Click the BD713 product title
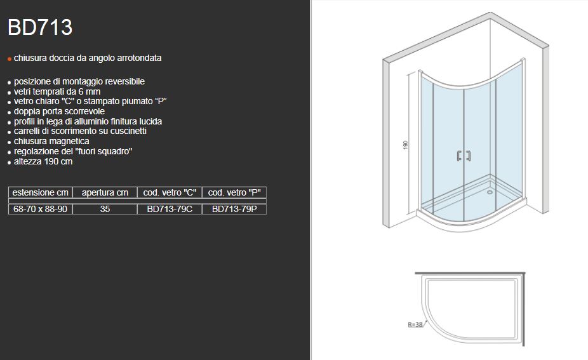[39, 27]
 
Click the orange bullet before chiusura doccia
[10, 58]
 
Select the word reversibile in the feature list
[123, 82]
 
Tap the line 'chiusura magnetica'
[51, 141]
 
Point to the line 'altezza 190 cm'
[43, 161]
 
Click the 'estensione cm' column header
[40, 192]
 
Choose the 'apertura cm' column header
[105, 192]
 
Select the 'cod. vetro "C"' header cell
[170, 192]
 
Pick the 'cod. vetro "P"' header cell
[234, 192]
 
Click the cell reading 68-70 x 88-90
[40, 209]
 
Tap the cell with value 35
[105, 209]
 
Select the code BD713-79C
[170, 209]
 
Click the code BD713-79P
[234, 209]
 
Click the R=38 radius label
[415, 324]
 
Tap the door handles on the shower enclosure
[463, 157]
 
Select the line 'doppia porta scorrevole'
[59, 112]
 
